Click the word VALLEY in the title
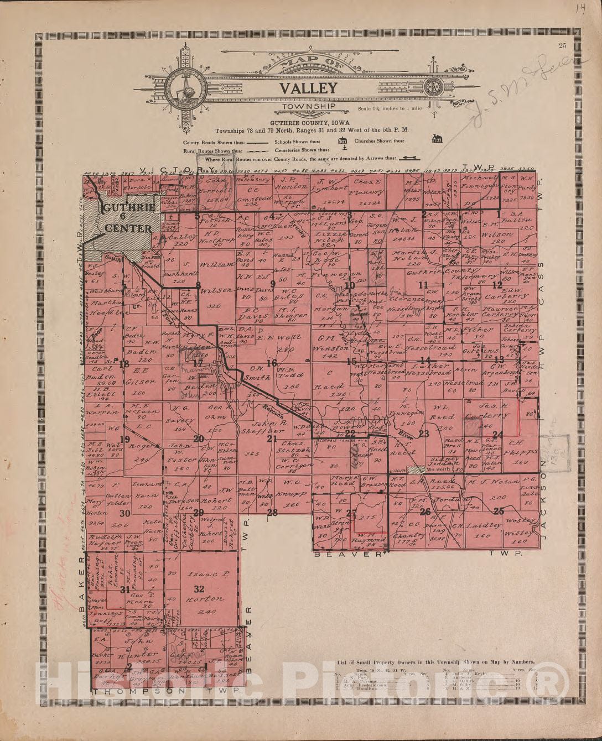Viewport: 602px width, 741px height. pyautogui.click(x=308, y=88)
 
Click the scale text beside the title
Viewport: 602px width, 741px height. pyautogui.click(x=390, y=108)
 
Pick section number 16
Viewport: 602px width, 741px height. pyautogui.click(x=271, y=363)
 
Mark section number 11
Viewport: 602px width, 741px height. pyautogui.click(x=424, y=285)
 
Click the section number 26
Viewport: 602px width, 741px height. pyautogui.click(x=425, y=512)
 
